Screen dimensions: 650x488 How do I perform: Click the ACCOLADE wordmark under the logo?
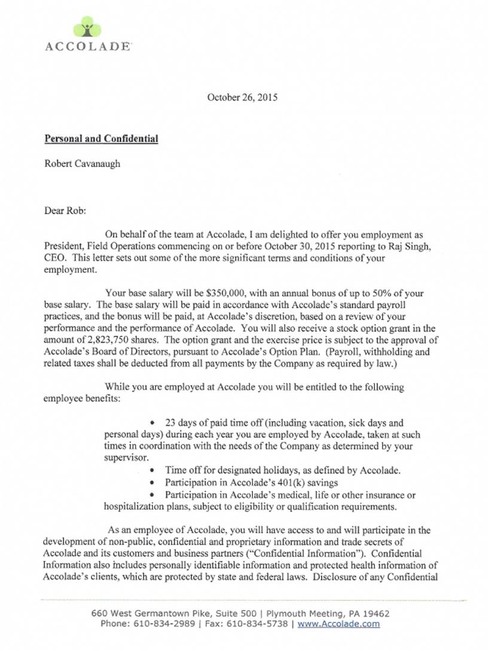tap(88, 46)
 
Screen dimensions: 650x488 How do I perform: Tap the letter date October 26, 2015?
tap(242, 97)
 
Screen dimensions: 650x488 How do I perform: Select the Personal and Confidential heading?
tap(101, 139)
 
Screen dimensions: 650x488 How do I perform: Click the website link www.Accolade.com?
tap(338, 624)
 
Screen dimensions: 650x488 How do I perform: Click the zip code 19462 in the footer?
tap(375, 613)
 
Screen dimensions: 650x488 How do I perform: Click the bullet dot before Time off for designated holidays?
tap(155, 470)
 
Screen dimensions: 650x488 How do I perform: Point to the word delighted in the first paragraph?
tap(288, 236)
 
